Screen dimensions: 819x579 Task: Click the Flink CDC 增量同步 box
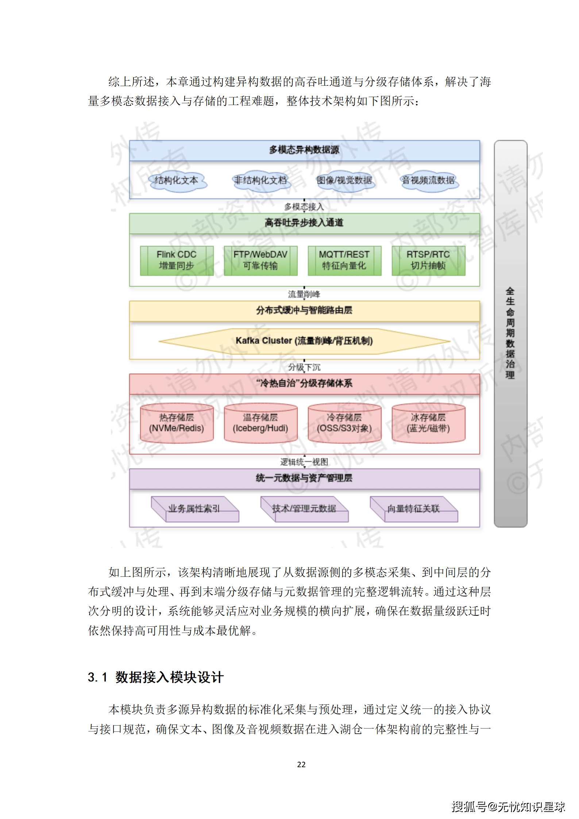coord(177,260)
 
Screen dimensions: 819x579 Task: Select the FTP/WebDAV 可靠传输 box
coord(260,260)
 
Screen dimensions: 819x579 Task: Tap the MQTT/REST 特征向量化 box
coord(344,260)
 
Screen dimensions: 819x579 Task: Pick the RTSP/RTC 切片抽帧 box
coord(428,260)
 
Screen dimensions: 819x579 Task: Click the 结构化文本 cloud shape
coord(177,180)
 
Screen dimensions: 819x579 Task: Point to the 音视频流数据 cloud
coord(429,180)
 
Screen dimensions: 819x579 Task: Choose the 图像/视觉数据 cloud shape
coord(345,180)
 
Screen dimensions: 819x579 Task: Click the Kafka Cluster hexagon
coord(304,341)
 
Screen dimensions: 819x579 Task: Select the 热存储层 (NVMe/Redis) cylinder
coord(177,423)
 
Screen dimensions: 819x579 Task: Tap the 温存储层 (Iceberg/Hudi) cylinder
coord(260,423)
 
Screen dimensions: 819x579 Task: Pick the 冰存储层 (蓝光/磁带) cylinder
coord(428,423)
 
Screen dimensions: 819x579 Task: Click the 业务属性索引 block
coord(195,509)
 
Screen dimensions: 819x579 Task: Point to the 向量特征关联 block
coord(414,509)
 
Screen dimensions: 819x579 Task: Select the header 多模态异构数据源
coord(304,150)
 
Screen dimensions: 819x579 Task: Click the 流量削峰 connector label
coord(304,294)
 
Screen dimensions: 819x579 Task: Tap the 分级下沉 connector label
coord(304,367)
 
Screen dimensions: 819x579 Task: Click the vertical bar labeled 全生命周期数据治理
coord(510,333)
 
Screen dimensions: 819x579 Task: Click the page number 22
coord(301,764)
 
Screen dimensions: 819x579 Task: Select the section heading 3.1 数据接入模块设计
coord(156,677)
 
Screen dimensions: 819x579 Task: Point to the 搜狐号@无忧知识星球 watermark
coord(508,806)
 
